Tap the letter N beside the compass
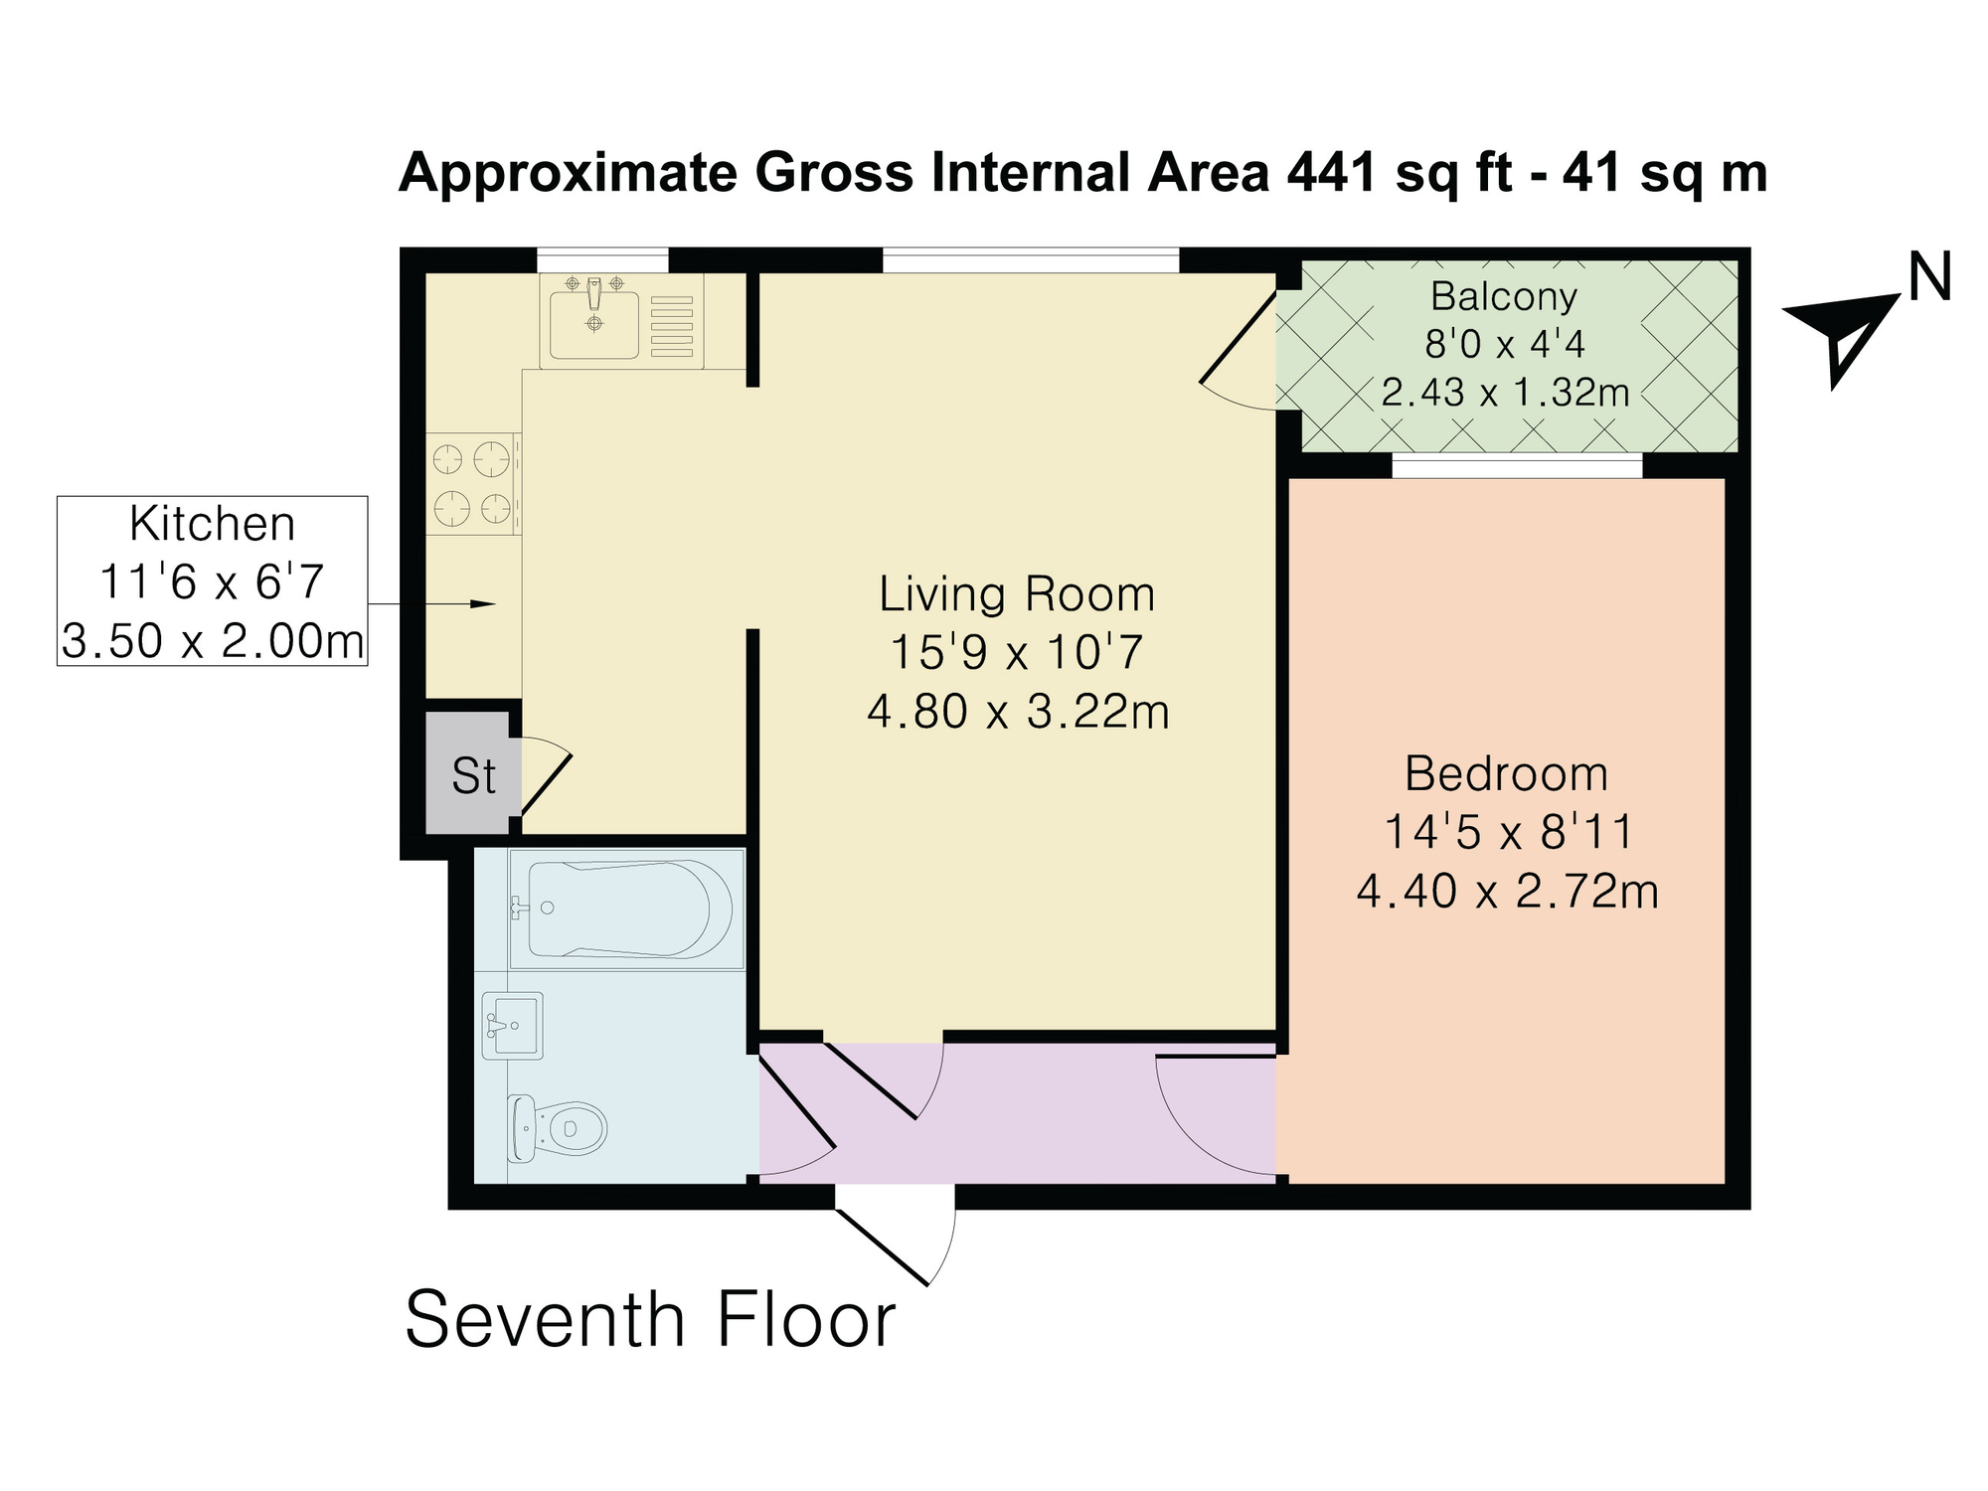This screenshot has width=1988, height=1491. (1929, 276)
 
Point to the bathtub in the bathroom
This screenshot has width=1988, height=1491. (627, 909)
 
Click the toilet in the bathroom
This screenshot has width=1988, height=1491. (557, 1128)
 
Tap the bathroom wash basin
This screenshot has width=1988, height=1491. (513, 1025)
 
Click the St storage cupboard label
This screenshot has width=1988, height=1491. (473, 776)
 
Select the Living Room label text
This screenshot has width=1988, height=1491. (1017, 594)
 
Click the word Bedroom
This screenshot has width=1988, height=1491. (1506, 774)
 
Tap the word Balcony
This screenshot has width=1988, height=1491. (1504, 296)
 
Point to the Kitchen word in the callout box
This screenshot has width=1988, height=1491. (213, 524)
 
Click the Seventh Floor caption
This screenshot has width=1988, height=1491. (651, 1319)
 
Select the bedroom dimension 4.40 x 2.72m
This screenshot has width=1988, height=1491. (1507, 892)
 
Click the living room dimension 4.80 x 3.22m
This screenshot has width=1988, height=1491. (1018, 712)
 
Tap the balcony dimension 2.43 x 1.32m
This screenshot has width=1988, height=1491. (1505, 393)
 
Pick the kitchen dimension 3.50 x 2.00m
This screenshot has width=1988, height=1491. (213, 641)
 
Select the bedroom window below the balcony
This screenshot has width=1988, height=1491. (1517, 465)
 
